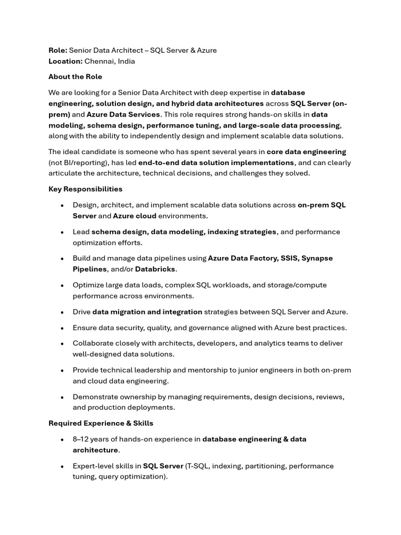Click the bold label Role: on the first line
58,50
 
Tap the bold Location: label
65,61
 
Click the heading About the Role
75,77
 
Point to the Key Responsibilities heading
85,189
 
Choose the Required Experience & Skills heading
101,423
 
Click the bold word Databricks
155,269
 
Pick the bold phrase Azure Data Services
123,114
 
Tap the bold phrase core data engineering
306,152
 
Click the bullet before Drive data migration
62,312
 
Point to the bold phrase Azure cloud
135,216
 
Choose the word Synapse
317,258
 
